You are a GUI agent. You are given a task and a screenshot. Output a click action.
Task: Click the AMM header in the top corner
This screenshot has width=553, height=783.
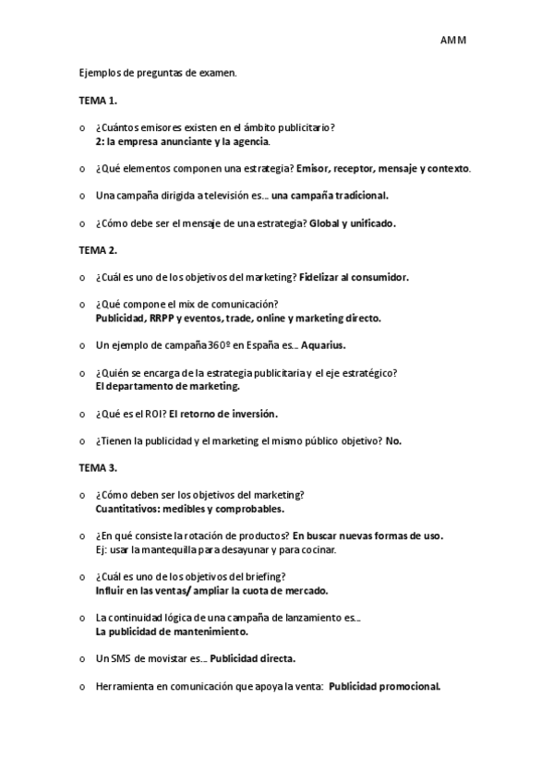(453, 41)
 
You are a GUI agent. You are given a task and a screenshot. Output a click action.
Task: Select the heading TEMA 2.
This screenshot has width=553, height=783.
(97, 250)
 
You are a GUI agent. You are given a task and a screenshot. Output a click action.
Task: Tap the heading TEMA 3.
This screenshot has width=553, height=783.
(97, 468)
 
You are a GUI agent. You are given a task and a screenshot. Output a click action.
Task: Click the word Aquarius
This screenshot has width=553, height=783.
(323, 345)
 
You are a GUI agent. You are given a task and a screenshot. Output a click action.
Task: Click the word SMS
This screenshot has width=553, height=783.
(121, 658)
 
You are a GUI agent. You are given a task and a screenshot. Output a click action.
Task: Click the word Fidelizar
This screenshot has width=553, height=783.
(319, 277)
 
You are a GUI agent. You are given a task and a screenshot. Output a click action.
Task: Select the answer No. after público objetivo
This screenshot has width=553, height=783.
(393, 440)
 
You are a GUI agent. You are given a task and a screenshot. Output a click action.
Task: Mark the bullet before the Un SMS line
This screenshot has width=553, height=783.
(82, 659)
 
